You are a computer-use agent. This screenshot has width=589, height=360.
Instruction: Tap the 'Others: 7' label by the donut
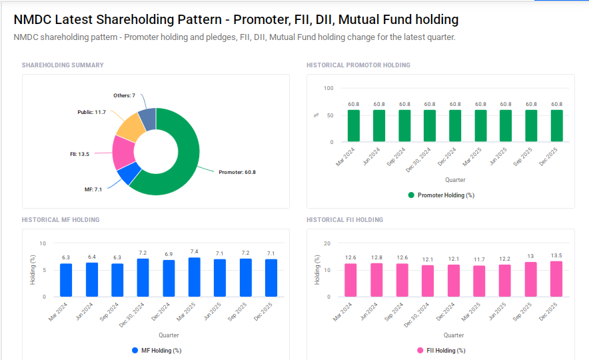(124, 96)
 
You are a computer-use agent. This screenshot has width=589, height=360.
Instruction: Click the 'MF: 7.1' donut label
(93, 190)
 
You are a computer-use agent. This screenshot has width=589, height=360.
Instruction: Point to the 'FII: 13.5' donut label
(79, 154)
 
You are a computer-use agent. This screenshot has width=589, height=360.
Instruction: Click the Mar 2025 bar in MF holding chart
(194, 277)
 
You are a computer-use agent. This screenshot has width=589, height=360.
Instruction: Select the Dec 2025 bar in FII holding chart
(556, 279)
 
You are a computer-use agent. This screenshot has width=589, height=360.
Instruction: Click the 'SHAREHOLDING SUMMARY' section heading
(63, 65)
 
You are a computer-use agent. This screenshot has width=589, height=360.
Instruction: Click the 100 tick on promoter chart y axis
(328, 88)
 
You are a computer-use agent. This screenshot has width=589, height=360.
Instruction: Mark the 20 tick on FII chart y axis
(327, 243)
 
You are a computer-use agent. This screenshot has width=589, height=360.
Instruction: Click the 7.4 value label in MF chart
(194, 251)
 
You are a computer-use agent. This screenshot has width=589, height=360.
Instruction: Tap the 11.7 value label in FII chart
(479, 259)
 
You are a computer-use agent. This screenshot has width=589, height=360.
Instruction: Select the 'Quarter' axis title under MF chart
(169, 335)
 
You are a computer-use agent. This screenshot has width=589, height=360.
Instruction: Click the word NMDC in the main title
(35, 20)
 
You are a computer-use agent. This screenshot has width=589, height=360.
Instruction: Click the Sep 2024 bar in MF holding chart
(117, 280)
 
